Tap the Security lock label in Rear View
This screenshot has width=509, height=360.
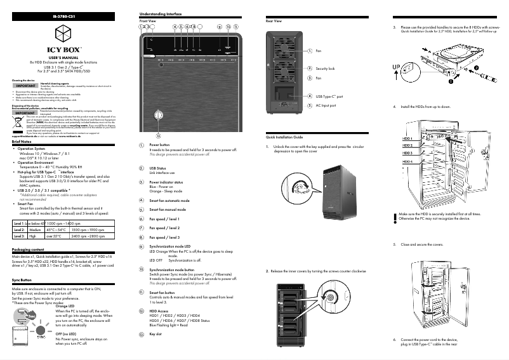(x=325, y=68)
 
